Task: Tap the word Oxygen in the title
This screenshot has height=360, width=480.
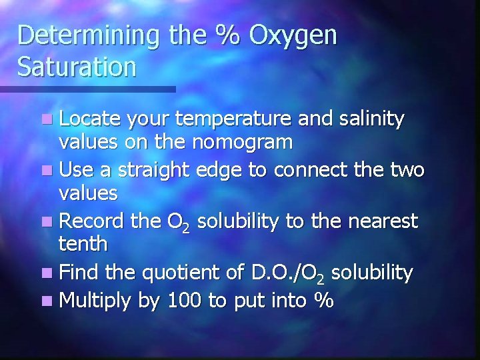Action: point(293,37)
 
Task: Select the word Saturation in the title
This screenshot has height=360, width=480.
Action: point(77,67)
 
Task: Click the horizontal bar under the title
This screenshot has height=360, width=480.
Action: point(87,89)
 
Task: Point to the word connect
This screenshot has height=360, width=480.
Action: point(309,170)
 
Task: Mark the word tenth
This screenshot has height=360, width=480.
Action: point(83,244)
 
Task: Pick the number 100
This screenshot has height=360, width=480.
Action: point(183,301)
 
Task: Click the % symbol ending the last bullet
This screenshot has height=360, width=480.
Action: point(324,301)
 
